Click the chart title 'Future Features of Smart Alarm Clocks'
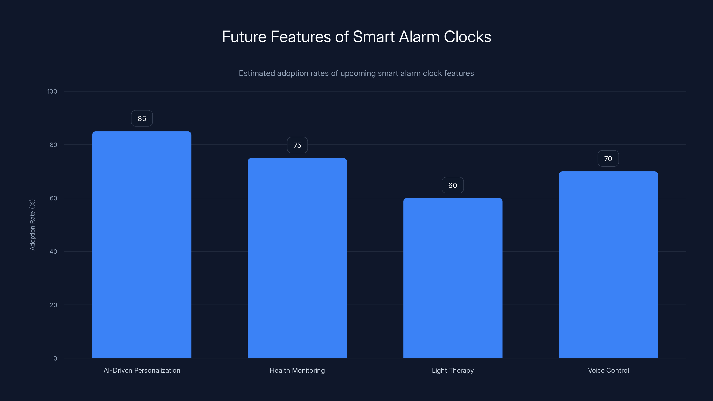pyautogui.click(x=356, y=37)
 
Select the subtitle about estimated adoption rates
pyautogui.click(x=356, y=73)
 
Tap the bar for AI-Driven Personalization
pyautogui.click(x=142, y=245)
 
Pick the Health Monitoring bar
pyautogui.click(x=297, y=258)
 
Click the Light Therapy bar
pyautogui.click(x=453, y=278)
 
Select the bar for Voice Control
pyautogui.click(x=608, y=265)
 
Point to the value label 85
pyautogui.click(x=142, y=119)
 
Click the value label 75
pyautogui.click(x=297, y=145)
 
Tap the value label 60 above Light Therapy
pyautogui.click(x=453, y=185)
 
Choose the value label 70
pyautogui.click(x=608, y=159)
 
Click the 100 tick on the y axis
pyautogui.click(x=52, y=92)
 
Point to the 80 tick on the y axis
pyautogui.click(x=53, y=145)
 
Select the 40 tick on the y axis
pyautogui.click(x=53, y=252)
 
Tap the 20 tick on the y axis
pyautogui.click(x=53, y=305)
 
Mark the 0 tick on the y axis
pyautogui.click(x=55, y=359)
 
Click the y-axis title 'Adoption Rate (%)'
pyautogui.click(x=32, y=225)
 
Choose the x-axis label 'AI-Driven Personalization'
pyautogui.click(x=142, y=370)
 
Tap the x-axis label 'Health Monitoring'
pyautogui.click(x=297, y=370)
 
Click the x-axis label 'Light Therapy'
pyautogui.click(x=453, y=370)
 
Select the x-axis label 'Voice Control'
pyautogui.click(x=608, y=370)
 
